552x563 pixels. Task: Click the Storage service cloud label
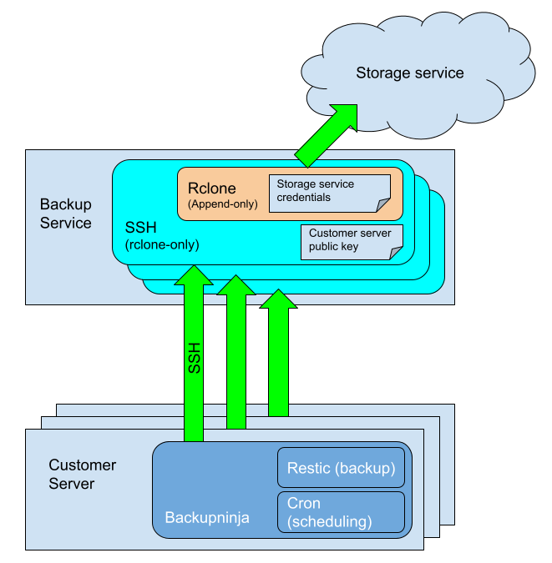pos(409,73)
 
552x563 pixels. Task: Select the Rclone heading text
pos(212,189)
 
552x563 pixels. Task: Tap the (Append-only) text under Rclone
pos(222,204)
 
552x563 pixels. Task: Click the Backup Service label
pos(66,214)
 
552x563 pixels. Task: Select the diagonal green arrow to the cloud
pos(327,133)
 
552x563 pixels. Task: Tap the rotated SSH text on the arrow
pos(194,357)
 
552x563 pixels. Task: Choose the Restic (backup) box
pos(341,468)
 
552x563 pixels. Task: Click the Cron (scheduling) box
pos(341,512)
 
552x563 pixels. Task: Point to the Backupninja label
pos(206,518)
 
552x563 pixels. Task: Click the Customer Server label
pos(82,475)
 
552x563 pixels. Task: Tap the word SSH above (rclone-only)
pos(139,227)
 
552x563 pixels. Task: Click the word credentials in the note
pos(304,198)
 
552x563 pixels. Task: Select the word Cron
pos(304,504)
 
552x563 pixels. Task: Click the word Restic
pos(308,468)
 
